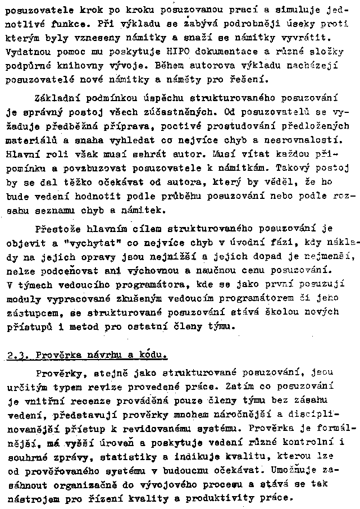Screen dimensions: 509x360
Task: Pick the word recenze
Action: [x=74, y=401]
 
